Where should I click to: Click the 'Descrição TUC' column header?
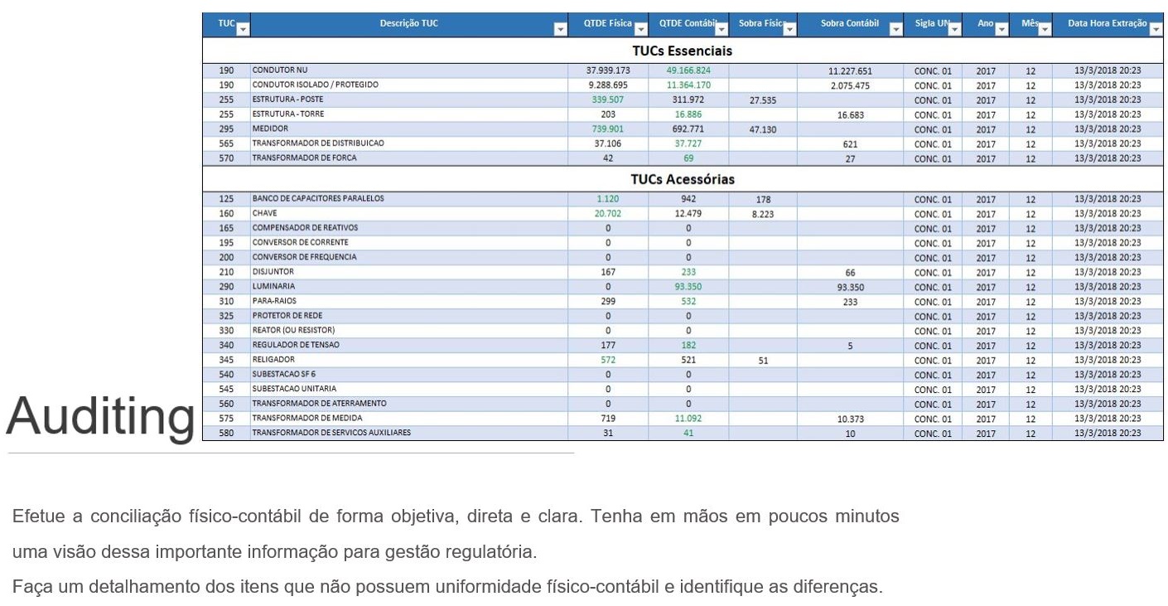(408, 24)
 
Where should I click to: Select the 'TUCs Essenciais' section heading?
(682, 51)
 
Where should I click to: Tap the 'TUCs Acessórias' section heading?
(682, 179)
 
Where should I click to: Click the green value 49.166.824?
(688, 70)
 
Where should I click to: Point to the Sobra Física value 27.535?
(762, 100)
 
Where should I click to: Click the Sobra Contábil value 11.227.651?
(850, 71)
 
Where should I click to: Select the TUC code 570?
(226, 158)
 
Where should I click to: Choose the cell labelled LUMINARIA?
(273, 287)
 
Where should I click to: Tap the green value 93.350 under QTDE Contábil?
(688, 287)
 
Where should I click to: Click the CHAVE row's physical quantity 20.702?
(607, 214)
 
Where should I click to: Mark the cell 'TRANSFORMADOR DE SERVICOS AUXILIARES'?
(331, 433)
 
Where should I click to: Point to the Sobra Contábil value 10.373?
(850, 419)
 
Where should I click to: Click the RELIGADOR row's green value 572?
(607, 360)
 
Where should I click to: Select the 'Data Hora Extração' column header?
(1107, 24)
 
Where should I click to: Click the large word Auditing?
(100, 416)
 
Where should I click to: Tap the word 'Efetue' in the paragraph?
(38, 516)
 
